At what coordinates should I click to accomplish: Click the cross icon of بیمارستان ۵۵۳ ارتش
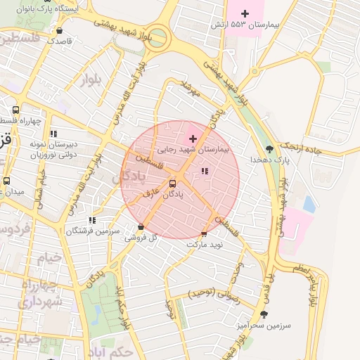[x=245, y=13]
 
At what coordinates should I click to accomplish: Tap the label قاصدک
[x=60, y=41]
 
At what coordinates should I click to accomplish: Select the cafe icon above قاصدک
[x=59, y=31]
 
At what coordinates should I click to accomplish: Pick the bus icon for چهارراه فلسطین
[x=15, y=110]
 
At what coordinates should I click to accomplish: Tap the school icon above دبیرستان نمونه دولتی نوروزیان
[x=53, y=134]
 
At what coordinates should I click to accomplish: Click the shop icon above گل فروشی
[x=141, y=227]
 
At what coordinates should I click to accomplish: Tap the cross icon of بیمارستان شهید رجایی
[x=193, y=139]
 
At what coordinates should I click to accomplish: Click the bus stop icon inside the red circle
[x=172, y=184]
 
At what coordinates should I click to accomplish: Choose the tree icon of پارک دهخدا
[x=269, y=149]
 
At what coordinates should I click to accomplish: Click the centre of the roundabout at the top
[x=159, y=37]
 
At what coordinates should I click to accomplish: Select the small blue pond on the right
[x=309, y=204]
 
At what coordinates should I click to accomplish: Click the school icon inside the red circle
[x=205, y=171]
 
